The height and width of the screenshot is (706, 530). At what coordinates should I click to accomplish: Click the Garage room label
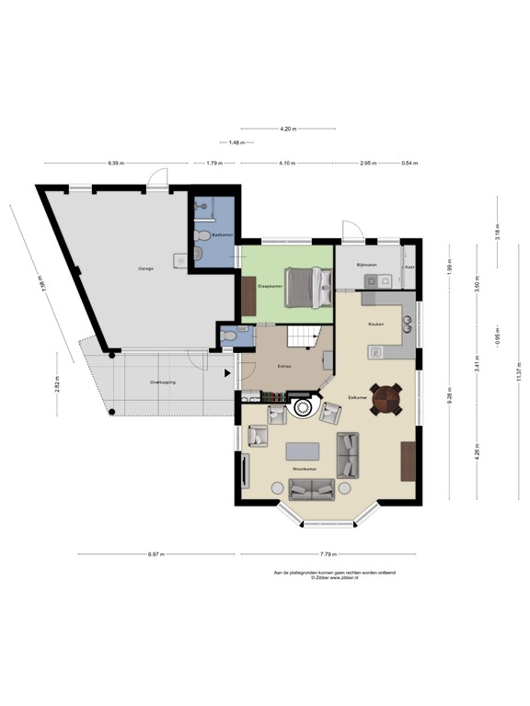[x=145, y=268]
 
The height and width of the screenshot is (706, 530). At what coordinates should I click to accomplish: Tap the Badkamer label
[x=221, y=235]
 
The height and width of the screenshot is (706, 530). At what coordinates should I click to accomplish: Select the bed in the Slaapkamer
[x=305, y=287]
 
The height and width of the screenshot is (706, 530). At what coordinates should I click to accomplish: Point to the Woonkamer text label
[x=305, y=469]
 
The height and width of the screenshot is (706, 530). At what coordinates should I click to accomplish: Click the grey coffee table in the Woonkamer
[x=304, y=450]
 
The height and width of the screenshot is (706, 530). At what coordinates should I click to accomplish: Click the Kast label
[x=409, y=267]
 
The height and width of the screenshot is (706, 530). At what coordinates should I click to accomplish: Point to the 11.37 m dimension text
[x=518, y=372]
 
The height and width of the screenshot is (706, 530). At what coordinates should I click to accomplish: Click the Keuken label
[x=375, y=325]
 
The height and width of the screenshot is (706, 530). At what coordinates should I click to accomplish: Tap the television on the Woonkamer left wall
[x=244, y=472]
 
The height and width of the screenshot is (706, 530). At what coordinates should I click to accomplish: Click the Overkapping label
[x=163, y=381]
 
